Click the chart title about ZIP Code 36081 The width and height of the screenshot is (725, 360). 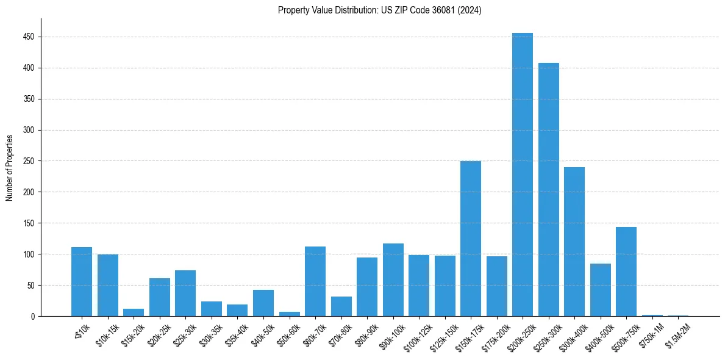click(379, 10)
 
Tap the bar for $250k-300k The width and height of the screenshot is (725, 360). click(548, 190)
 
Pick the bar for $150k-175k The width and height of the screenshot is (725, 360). click(471, 239)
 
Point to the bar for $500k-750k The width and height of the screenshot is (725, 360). click(626, 272)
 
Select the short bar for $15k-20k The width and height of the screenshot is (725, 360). click(134, 312)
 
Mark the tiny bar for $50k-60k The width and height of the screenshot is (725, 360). click(289, 314)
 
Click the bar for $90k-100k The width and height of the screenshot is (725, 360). click(393, 280)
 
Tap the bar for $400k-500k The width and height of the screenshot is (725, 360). click(600, 290)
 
